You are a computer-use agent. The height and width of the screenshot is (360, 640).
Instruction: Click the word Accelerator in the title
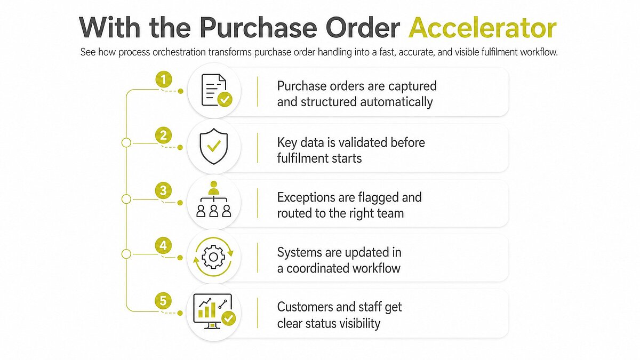point(482,28)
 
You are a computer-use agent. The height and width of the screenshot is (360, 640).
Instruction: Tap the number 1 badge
point(164,79)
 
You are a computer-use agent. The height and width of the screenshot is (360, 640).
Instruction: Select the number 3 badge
point(163,190)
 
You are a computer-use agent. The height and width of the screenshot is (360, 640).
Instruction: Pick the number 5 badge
point(163,301)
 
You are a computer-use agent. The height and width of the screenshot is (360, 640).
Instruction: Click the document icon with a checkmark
point(217,91)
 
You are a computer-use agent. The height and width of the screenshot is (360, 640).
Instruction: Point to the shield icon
point(214,146)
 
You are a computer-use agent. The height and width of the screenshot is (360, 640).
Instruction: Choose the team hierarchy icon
point(214,199)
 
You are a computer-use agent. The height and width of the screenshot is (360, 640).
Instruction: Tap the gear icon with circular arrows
point(213,257)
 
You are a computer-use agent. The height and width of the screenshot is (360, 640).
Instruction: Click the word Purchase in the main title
point(259,28)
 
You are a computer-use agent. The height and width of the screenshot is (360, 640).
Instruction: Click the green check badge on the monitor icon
point(229,318)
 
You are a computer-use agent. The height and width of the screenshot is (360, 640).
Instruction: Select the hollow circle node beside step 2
point(126,142)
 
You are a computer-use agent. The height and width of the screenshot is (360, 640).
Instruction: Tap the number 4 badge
point(163,245)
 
